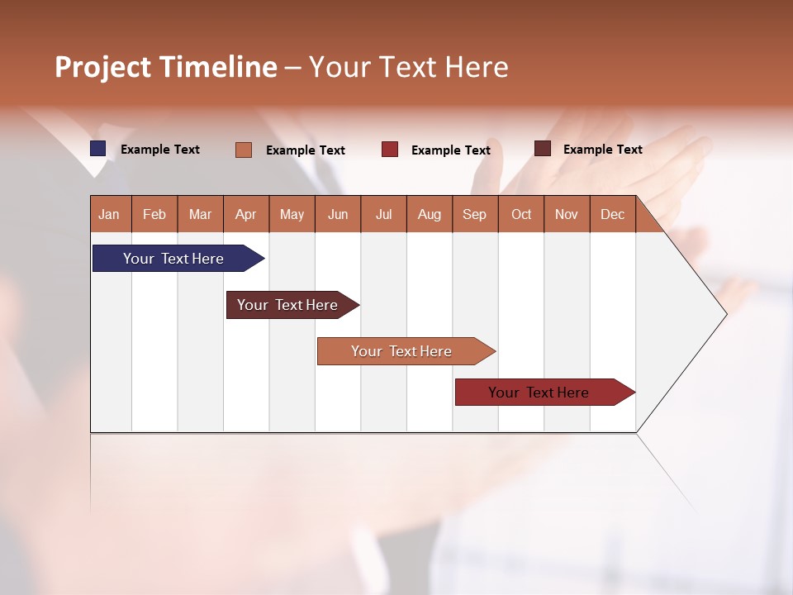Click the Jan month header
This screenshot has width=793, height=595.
[x=109, y=214]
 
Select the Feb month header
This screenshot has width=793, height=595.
[x=154, y=214]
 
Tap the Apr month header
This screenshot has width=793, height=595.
[x=245, y=214]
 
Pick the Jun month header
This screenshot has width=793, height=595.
[x=338, y=214]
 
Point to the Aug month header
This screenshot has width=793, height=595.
[x=429, y=214]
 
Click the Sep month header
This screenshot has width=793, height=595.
[x=474, y=214]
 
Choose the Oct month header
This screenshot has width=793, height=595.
[x=521, y=214]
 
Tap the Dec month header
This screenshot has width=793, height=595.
[x=612, y=214]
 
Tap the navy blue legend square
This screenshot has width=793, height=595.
[x=98, y=149]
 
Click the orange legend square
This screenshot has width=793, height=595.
[x=244, y=150]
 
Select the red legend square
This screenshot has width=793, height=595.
[x=390, y=150]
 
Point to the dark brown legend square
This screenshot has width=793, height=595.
[x=543, y=149]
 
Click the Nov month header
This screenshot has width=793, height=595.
[x=567, y=214]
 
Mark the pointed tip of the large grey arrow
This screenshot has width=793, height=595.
[x=725, y=314]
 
